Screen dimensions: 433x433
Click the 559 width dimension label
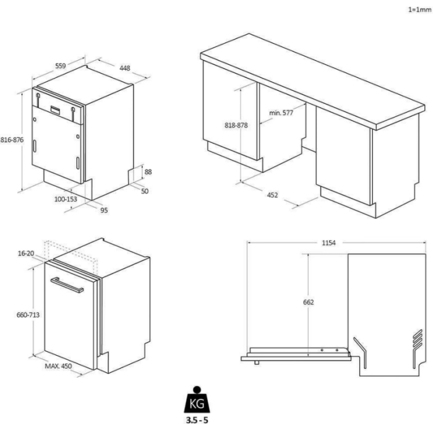pyautogui.click(x=61, y=66)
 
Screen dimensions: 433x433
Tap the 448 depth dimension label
pyautogui.click(x=124, y=68)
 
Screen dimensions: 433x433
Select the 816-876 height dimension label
pyautogui.click(x=12, y=140)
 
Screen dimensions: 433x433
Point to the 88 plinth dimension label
pyautogui.click(x=148, y=172)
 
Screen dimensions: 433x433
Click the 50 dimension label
pyautogui.click(x=145, y=191)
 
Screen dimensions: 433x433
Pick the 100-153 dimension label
pyautogui.click(x=66, y=199)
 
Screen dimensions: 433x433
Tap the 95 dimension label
pyautogui.click(x=104, y=210)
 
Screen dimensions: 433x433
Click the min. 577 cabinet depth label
pyautogui.click(x=281, y=113)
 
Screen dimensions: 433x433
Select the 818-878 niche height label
pyautogui.click(x=236, y=125)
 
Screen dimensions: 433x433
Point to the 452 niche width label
pyautogui.click(x=272, y=195)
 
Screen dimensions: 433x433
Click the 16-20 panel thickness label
pyautogui.click(x=26, y=253)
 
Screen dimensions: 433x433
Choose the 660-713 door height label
pyautogui.click(x=28, y=315)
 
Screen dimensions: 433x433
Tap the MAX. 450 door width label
pyautogui.click(x=58, y=366)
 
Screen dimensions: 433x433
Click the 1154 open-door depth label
pyautogui.click(x=328, y=242)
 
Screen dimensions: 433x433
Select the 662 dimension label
pyautogui.click(x=309, y=302)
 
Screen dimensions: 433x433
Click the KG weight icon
pyautogui.click(x=197, y=400)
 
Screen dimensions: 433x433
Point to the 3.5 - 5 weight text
pyautogui.click(x=197, y=420)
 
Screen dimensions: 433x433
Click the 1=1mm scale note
pyautogui.click(x=420, y=10)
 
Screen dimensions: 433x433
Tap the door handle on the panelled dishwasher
pyautogui.click(x=67, y=285)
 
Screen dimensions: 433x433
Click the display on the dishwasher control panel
pyautogui.click(x=55, y=109)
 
